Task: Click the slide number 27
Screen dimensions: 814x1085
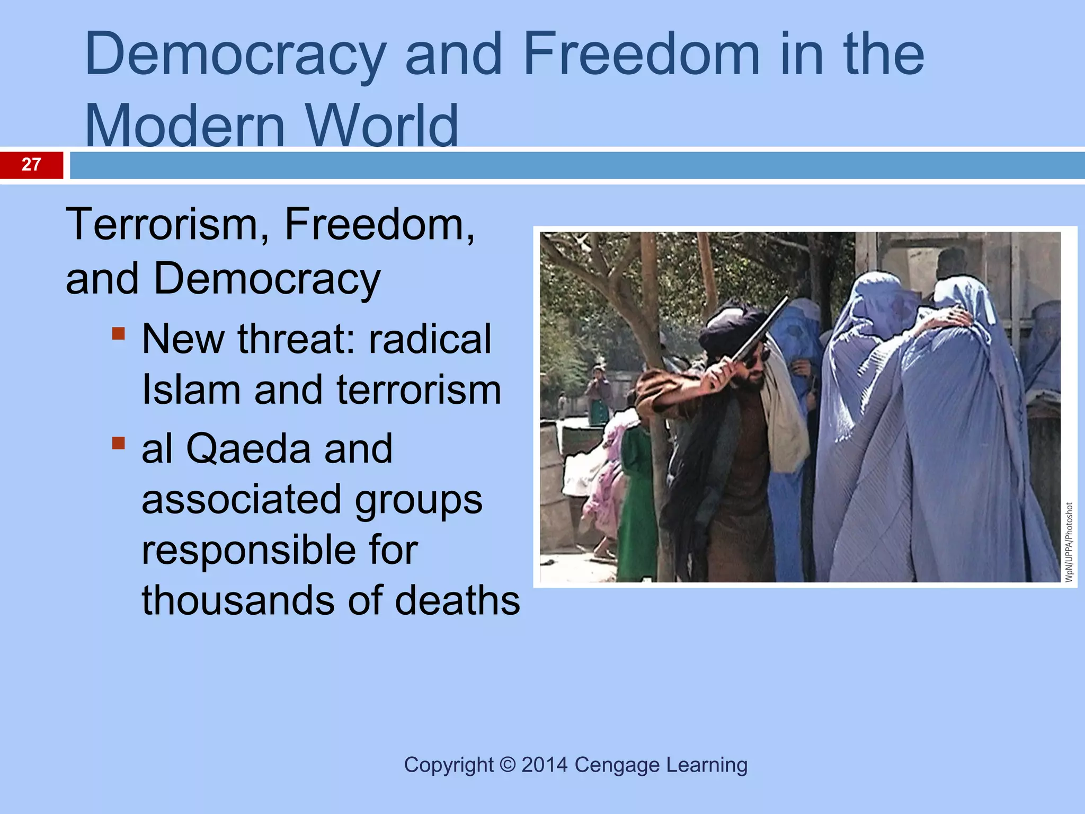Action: [31, 164]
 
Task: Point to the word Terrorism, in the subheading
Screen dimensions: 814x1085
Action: [167, 225]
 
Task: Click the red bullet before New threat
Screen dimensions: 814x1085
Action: [119, 334]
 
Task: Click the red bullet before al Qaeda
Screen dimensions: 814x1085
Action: [119, 443]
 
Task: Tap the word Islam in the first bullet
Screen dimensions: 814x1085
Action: [191, 390]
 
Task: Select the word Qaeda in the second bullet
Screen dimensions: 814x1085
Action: [248, 449]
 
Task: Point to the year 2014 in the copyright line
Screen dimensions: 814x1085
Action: [544, 765]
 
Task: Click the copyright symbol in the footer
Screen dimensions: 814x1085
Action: [508, 765]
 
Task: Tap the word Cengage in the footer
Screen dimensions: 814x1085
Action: [617, 765]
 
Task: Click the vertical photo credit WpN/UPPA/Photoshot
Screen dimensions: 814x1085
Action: [1069, 542]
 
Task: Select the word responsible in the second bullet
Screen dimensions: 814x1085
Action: [280, 550]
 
